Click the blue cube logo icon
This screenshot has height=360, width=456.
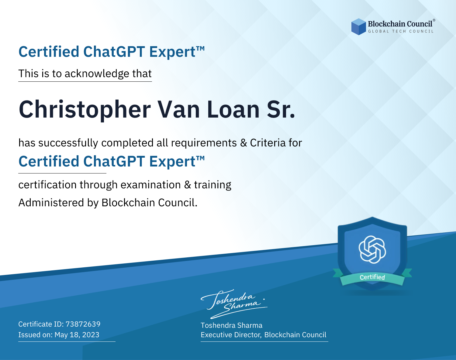point(358,27)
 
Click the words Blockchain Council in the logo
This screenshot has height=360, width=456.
point(400,24)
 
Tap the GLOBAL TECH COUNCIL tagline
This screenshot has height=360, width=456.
point(401,31)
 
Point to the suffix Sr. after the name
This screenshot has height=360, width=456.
point(281,109)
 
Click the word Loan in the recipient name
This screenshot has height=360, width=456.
point(233,109)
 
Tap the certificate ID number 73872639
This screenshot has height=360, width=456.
point(83,324)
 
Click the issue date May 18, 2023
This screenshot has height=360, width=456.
point(77,334)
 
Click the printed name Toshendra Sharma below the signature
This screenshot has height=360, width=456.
point(231,325)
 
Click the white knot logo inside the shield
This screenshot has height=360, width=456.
point(372,249)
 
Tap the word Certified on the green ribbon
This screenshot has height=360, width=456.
point(372,277)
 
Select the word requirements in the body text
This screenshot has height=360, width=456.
point(204,143)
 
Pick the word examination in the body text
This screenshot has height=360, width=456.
point(151,185)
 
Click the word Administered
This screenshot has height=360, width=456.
point(51,202)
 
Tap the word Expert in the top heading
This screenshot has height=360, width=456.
point(172,52)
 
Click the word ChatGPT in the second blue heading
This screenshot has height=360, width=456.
point(114,161)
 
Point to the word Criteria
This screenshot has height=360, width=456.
point(268,143)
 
